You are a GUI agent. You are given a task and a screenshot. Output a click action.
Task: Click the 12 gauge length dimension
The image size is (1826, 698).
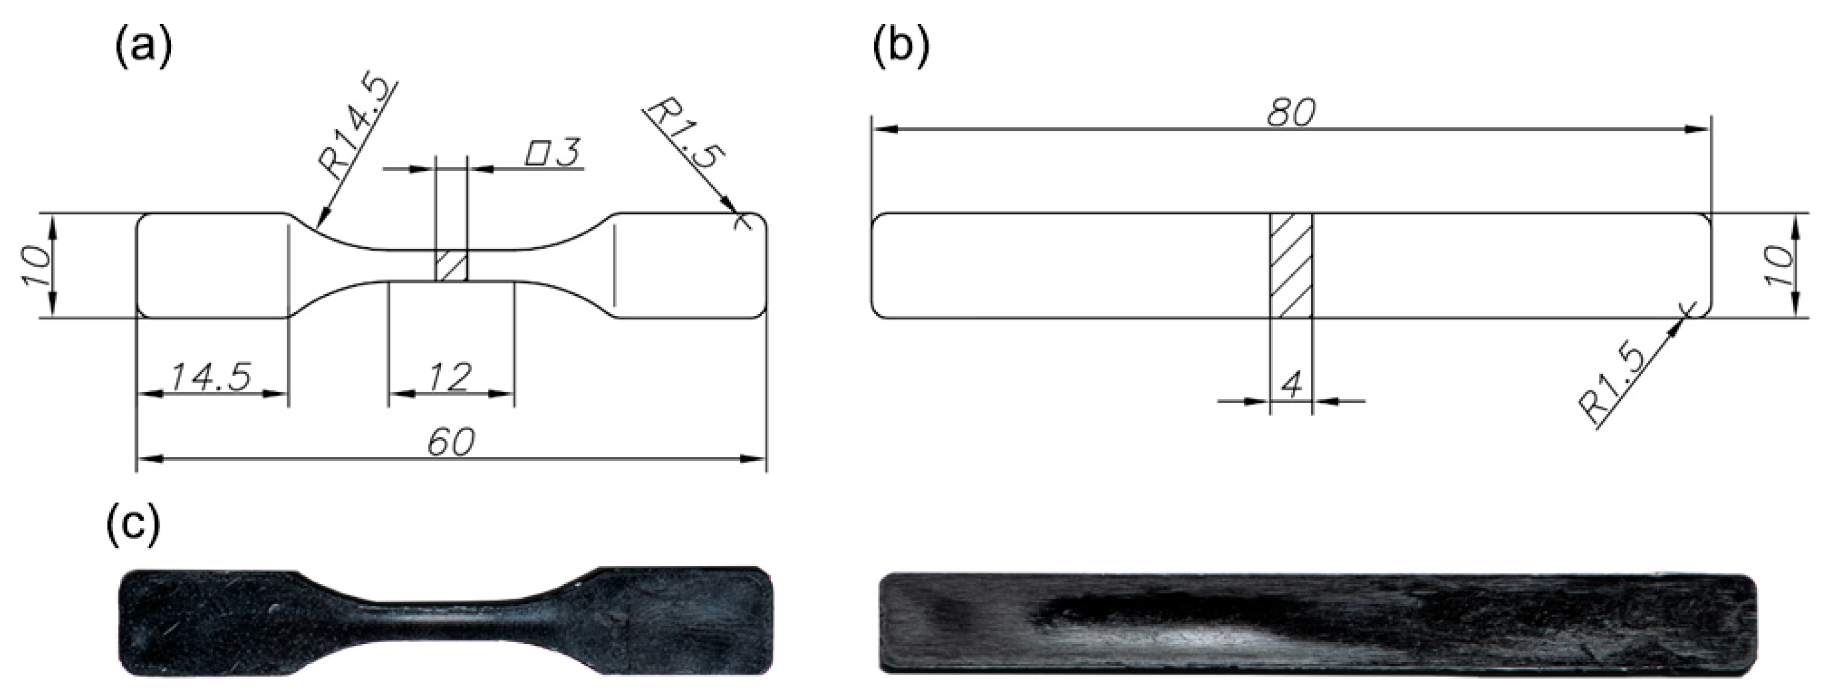click(x=450, y=377)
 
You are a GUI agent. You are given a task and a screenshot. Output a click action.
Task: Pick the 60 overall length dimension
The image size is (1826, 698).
click(x=451, y=442)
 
